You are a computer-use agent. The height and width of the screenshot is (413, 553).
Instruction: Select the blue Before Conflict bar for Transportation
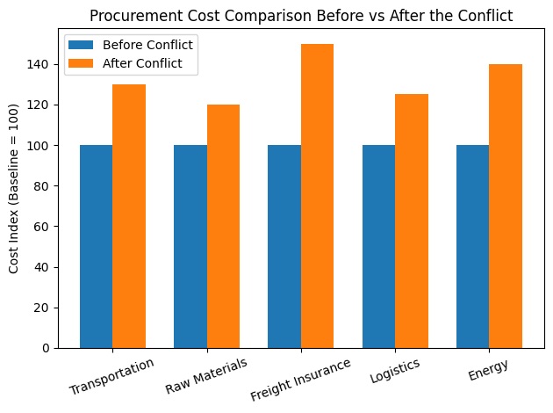tap(96, 246)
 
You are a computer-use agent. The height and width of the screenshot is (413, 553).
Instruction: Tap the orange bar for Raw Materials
tap(223, 226)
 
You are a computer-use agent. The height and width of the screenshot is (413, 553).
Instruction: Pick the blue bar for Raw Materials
tap(190, 246)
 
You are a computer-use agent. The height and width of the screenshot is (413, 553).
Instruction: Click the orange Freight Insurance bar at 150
tap(318, 196)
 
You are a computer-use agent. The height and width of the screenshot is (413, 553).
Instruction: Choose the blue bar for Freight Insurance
tap(284, 246)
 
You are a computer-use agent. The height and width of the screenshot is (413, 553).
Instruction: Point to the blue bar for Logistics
tap(378, 246)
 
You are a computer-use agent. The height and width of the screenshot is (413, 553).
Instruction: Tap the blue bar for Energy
tap(472, 246)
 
